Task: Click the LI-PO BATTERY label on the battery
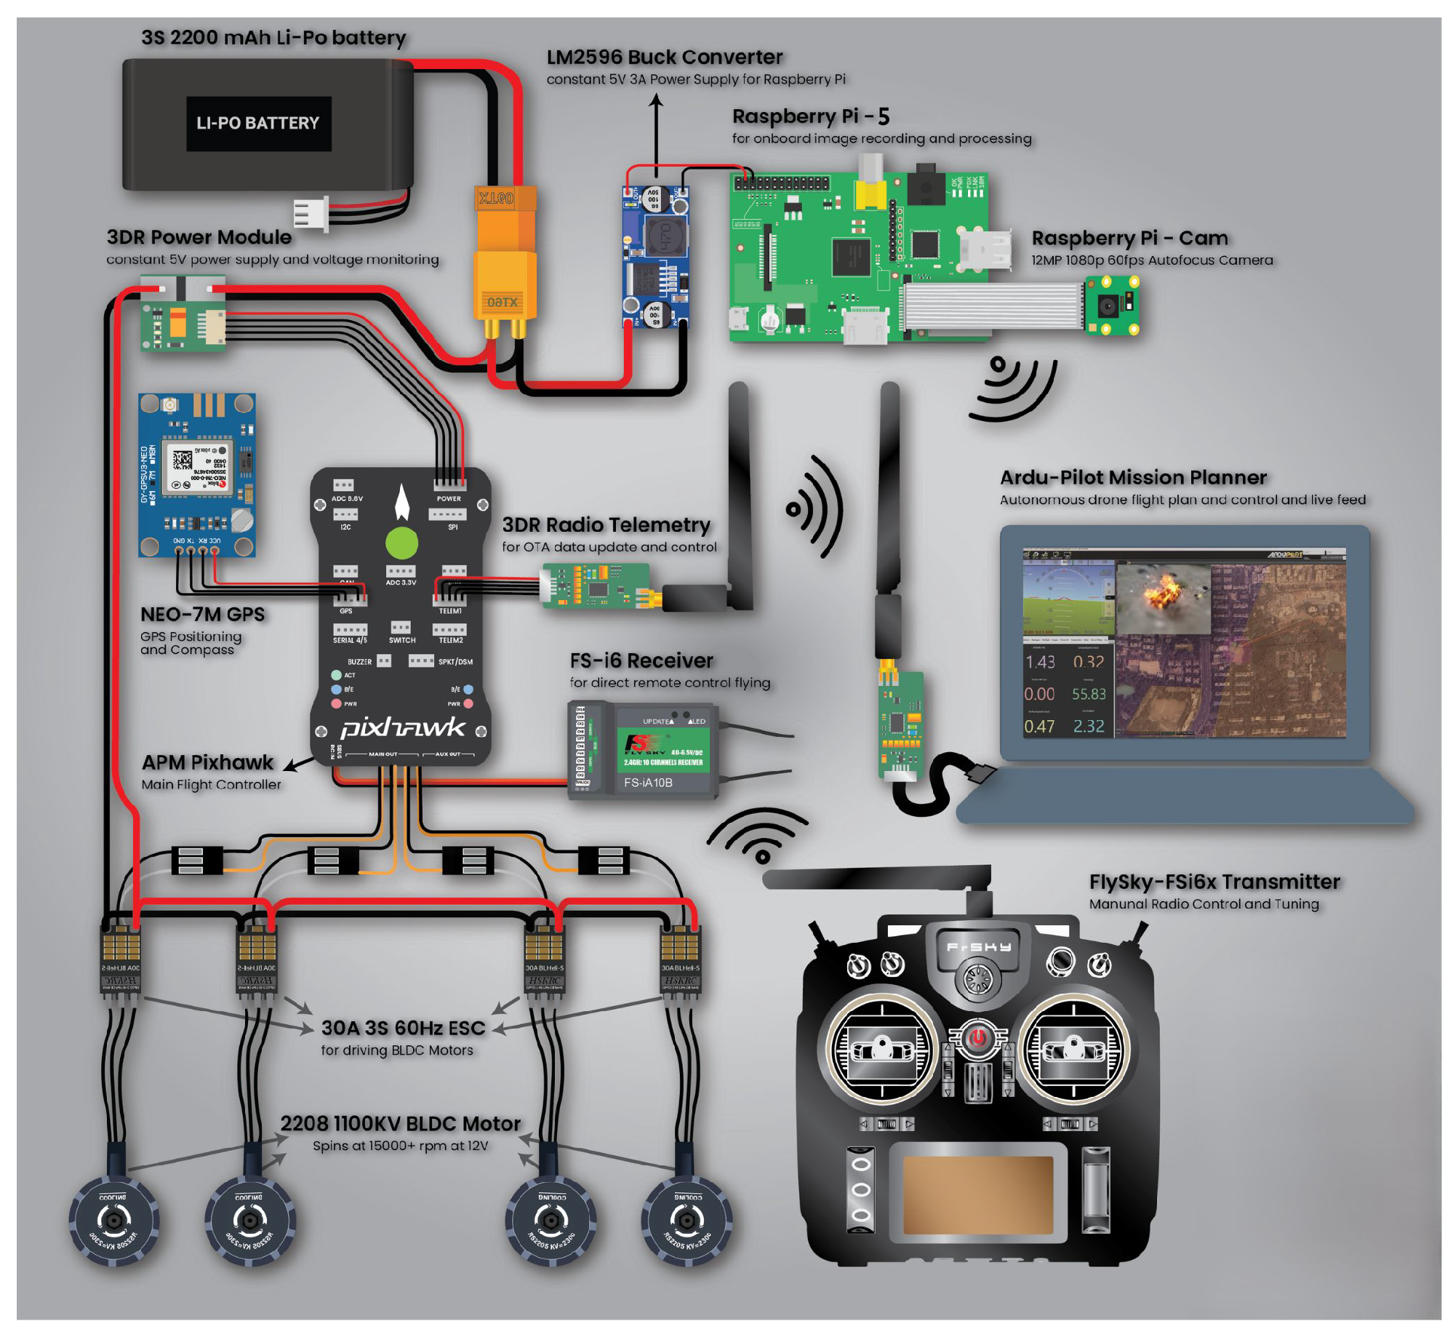tap(257, 123)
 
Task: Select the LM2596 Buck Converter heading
tap(663, 57)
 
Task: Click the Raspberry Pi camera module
tap(1110, 305)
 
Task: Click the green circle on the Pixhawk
tap(401, 543)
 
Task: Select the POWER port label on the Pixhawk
tap(448, 498)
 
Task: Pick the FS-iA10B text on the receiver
tap(647, 782)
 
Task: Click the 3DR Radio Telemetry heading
tap(606, 524)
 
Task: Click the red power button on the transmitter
tap(977, 1037)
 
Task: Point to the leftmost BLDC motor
tap(113, 1220)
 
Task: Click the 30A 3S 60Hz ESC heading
tap(403, 1027)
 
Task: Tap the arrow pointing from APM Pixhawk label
tap(297, 764)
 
